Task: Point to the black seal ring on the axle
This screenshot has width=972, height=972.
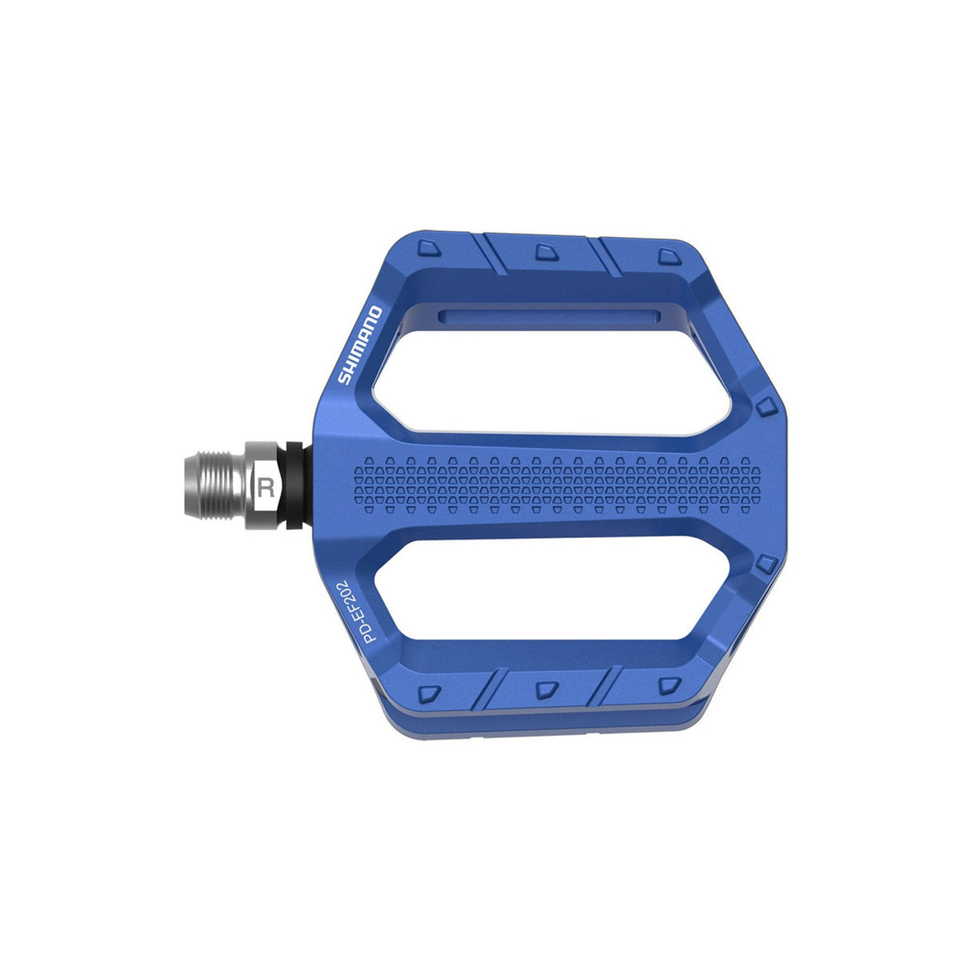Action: coord(297,484)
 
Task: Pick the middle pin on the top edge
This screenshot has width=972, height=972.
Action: coord(544,252)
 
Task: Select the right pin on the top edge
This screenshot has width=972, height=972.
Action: coord(666,256)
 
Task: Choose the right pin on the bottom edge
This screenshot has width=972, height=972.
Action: coord(666,685)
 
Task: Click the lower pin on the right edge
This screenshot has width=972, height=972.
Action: coord(766,563)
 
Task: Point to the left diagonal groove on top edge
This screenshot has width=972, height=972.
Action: coord(495,255)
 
